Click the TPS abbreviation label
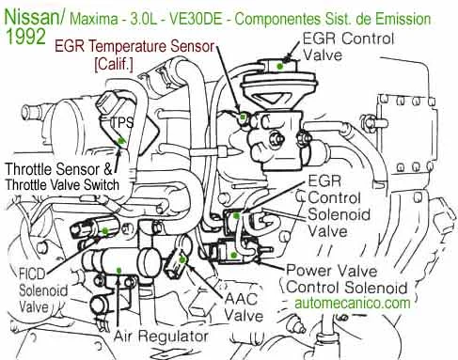tap(121, 122)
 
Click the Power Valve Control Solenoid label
tap(348, 277)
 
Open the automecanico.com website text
tap(352, 304)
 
